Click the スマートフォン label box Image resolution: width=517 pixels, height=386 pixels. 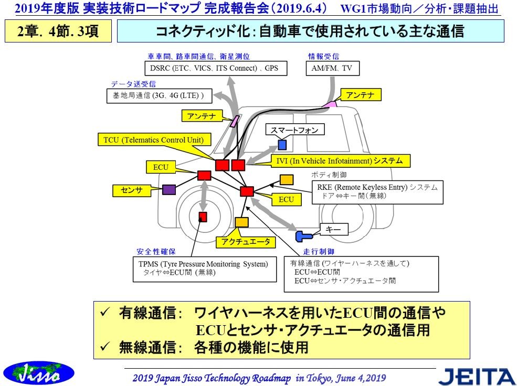point(294,130)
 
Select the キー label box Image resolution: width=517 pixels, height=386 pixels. point(333,229)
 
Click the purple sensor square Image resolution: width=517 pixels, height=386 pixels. point(168,190)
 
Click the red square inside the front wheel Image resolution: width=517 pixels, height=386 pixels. point(203,217)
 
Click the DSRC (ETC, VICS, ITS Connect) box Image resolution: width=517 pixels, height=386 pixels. point(214,68)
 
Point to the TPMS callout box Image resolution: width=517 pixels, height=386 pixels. point(204,268)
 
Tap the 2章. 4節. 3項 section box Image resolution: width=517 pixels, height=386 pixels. point(58,31)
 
